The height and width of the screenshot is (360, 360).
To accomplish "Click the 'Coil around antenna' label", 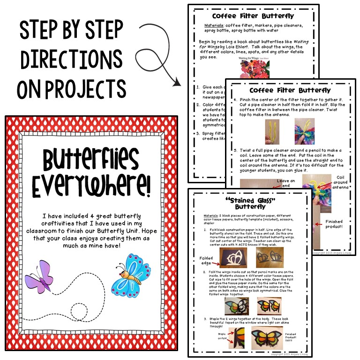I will (340, 183).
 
